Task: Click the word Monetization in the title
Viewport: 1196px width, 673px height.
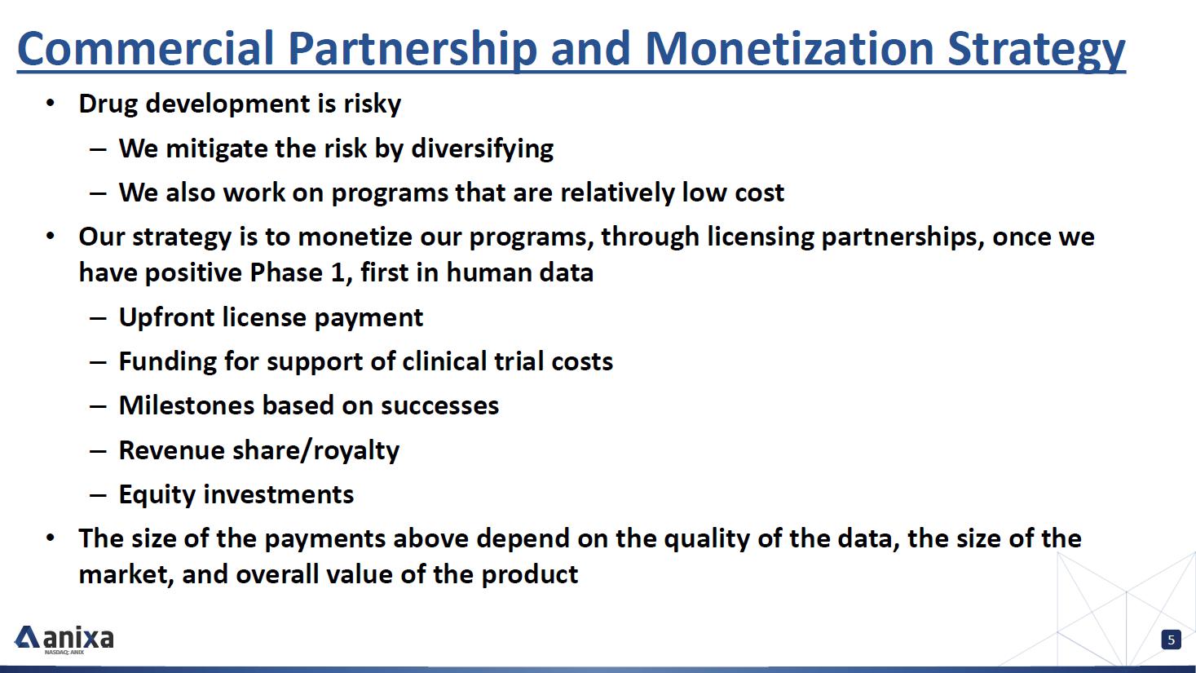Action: [790, 48]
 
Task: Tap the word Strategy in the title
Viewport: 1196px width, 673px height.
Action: [1036, 51]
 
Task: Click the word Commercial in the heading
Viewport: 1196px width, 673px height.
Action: [146, 48]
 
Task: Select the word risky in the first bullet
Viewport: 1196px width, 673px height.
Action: [372, 104]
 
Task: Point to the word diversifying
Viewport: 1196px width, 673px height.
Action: [482, 148]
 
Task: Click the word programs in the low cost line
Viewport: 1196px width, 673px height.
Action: [389, 194]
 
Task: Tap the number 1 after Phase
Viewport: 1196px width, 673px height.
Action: [337, 272]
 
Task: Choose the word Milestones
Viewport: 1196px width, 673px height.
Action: [187, 405]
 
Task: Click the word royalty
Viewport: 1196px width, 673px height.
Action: [356, 451]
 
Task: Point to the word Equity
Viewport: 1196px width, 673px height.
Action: [157, 495]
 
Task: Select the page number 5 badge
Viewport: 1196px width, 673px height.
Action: [1171, 640]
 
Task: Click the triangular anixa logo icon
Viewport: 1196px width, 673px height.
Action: [27, 637]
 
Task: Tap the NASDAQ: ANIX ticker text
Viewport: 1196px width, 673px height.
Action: [64, 652]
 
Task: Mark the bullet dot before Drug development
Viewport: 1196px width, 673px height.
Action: [51, 103]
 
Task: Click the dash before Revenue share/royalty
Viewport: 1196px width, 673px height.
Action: [99, 451]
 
